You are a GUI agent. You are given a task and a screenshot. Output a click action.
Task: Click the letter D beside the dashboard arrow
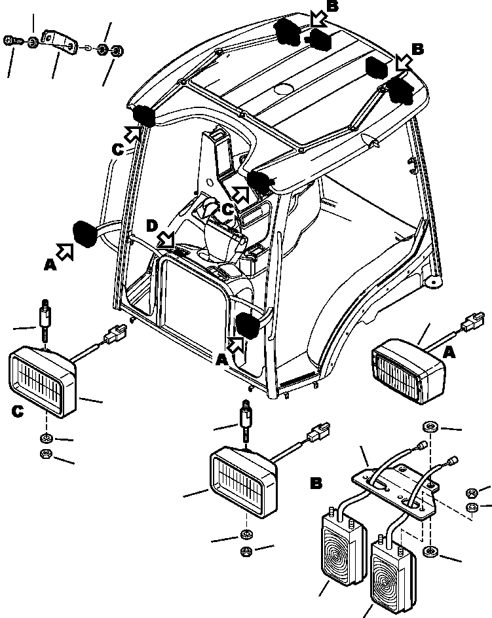click(x=152, y=227)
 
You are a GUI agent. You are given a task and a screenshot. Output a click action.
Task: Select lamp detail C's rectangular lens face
click(x=37, y=382)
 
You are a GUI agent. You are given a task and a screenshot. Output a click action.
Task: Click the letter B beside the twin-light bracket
click(x=316, y=485)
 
